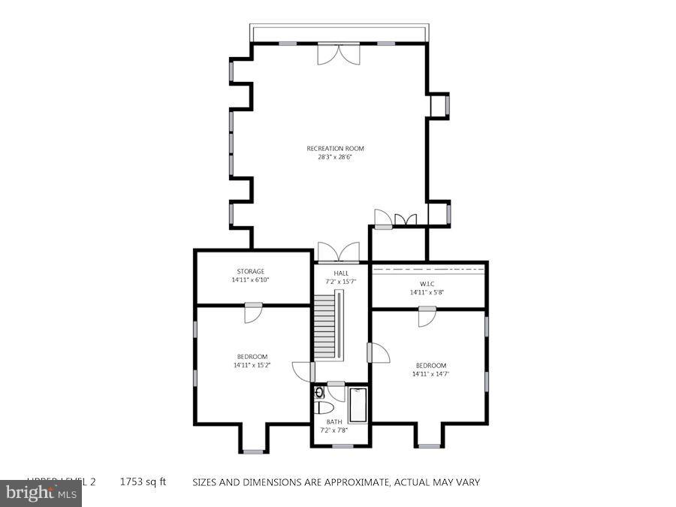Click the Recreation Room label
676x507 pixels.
[x=335, y=149]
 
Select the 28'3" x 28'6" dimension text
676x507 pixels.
[x=335, y=157]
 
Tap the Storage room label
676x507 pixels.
[x=251, y=271]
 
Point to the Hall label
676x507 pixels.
[x=341, y=273]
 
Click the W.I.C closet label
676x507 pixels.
[x=427, y=284]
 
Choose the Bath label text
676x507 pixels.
[x=334, y=421]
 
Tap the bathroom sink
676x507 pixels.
[x=318, y=392]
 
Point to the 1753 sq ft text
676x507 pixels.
[x=143, y=482]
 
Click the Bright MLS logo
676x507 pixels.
[x=41, y=493]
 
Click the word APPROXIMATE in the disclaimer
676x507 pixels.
[x=349, y=482]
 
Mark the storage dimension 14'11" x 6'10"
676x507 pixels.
[x=251, y=279]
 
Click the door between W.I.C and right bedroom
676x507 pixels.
[x=427, y=316]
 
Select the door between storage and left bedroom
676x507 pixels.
[x=253, y=312]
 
